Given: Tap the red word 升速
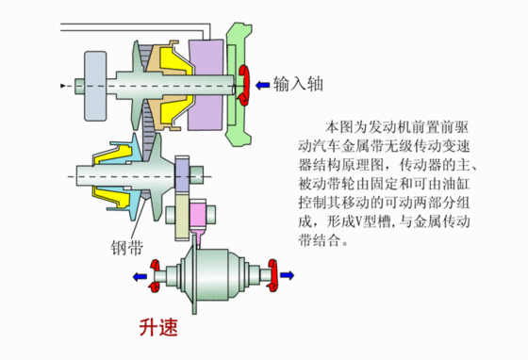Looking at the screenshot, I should [x=157, y=329].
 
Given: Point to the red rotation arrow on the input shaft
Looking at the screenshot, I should [x=244, y=83].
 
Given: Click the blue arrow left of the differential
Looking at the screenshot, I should [x=140, y=276].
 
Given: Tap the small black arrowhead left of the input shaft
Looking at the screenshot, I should [x=63, y=85].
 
